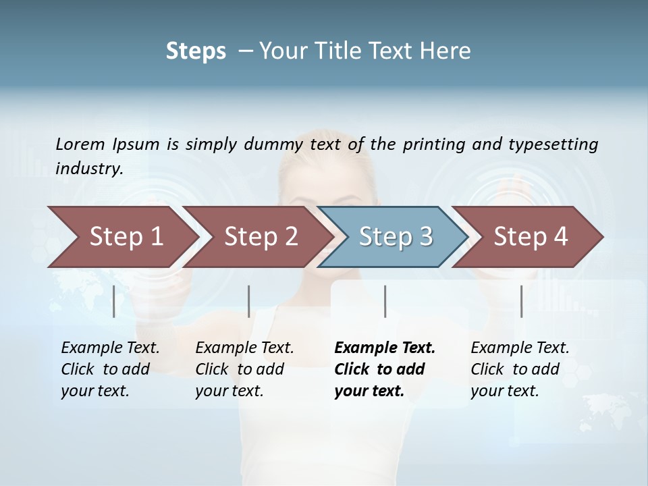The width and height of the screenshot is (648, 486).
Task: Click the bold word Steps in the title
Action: click(196, 51)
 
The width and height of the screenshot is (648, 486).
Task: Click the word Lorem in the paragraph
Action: click(79, 144)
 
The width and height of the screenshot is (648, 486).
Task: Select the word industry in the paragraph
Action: click(88, 169)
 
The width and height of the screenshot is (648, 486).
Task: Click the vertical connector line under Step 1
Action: click(114, 301)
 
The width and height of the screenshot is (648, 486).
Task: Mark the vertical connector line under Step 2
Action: click(249, 301)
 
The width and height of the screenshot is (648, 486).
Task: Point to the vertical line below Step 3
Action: click(385, 301)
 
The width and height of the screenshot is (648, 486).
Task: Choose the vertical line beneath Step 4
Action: click(521, 301)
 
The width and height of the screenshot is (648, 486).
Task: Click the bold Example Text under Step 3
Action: click(385, 348)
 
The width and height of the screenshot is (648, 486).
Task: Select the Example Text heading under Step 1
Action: click(110, 348)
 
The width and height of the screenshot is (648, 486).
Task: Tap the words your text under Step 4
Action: click(504, 391)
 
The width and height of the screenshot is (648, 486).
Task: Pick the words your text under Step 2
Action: click(229, 391)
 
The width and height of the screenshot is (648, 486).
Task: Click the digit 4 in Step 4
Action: click(560, 236)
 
